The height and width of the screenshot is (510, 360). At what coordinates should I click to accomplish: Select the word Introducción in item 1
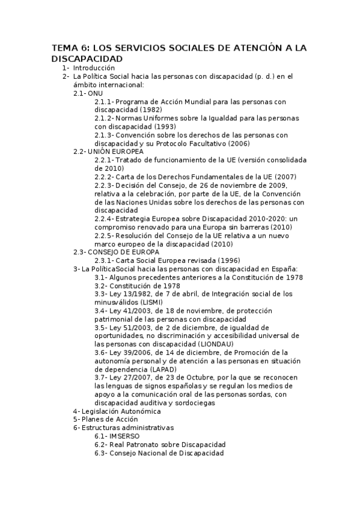tap(94, 68)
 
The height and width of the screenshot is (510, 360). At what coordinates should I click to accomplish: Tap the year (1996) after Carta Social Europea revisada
tap(223, 260)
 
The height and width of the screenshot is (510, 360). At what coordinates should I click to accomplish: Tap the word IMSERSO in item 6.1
tap(125, 436)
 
